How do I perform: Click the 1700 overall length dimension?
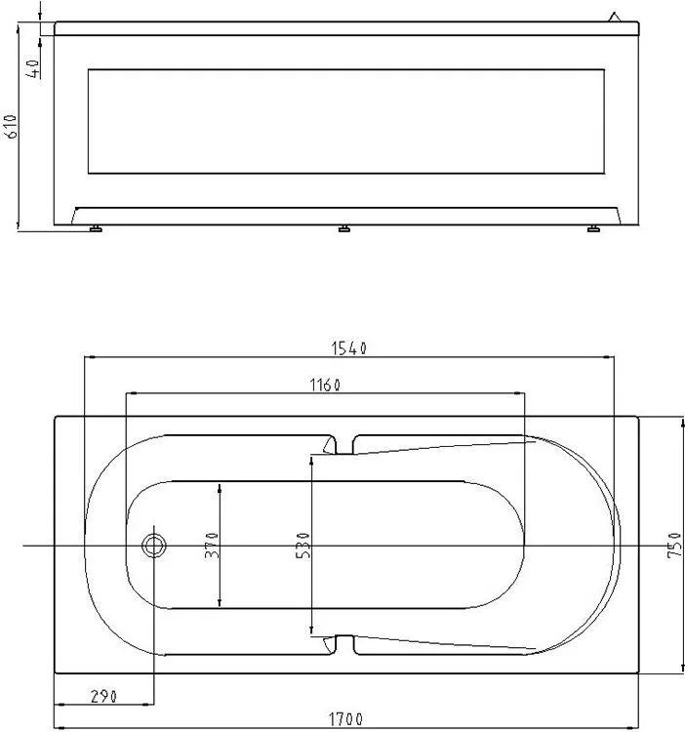(x=345, y=719)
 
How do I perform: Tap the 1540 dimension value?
(x=349, y=348)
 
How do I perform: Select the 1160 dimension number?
(x=325, y=386)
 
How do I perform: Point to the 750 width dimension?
(x=674, y=545)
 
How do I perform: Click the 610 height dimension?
(x=11, y=126)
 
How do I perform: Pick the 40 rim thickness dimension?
(x=33, y=68)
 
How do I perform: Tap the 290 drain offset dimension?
(x=103, y=697)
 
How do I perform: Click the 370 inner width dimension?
(x=212, y=545)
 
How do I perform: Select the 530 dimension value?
(x=302, y=546)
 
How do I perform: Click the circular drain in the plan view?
(x=153, y=546)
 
